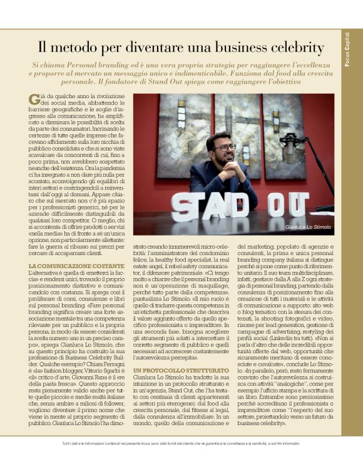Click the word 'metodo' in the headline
point(86,47)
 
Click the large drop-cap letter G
point(34,98)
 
